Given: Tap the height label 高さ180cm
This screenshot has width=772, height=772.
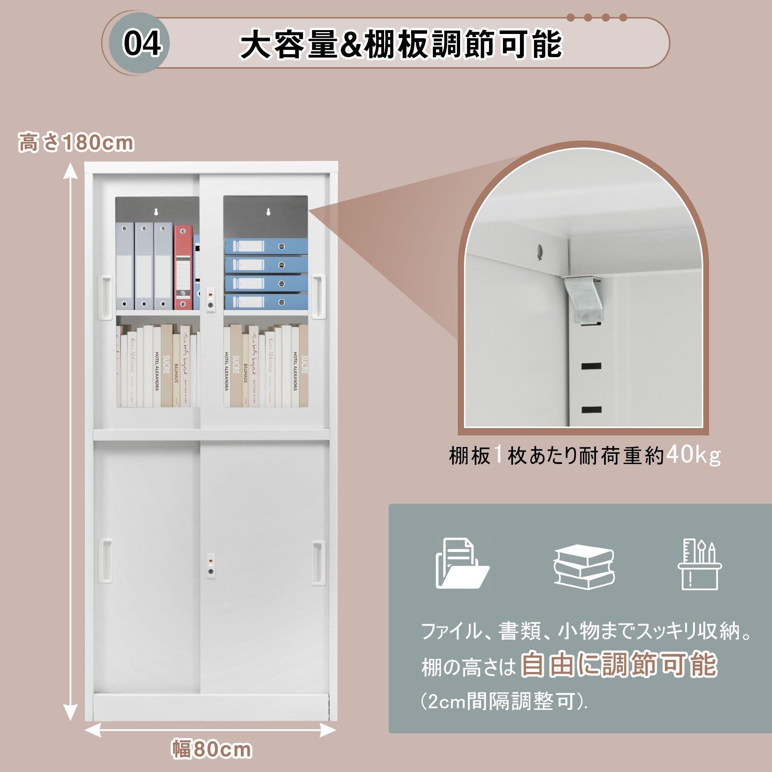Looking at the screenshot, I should (x=76, y=143).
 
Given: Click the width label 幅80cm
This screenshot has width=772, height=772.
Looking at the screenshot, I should (x=212, y=749).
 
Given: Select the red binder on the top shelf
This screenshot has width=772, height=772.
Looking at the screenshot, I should (x=183, y=267).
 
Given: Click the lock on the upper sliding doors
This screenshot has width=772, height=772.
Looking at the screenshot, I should (x=211, y=299).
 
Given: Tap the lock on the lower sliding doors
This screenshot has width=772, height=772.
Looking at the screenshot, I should (x=211, y=566).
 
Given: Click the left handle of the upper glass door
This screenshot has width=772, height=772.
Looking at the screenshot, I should (x=105, y=296).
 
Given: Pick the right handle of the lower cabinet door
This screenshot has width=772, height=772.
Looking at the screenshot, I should (x=318, y=563).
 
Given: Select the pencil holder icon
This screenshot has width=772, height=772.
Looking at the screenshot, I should (x=699, y=564).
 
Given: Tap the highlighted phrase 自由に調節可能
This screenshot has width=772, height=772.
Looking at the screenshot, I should (x=619, y=665).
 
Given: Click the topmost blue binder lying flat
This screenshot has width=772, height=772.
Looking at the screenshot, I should (x=266, y=246).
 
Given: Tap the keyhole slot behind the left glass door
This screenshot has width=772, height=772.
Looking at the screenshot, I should (x=157, y=212).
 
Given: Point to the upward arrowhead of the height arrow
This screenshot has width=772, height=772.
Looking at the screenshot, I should (x=71, y=170).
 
